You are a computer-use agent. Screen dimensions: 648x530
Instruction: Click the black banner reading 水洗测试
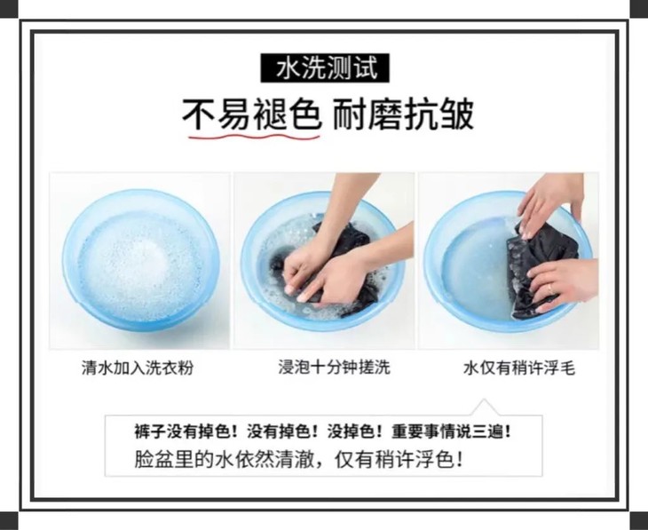325,67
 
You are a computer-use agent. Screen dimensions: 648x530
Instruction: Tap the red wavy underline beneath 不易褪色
254,135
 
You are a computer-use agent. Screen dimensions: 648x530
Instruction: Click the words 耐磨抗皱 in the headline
403,115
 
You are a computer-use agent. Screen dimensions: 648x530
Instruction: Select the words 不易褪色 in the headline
252,115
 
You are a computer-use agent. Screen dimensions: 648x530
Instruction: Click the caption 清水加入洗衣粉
138,368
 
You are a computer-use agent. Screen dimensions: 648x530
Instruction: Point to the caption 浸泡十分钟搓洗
334,367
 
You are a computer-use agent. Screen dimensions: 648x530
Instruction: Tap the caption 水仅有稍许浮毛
519,368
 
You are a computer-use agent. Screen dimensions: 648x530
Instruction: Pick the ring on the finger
551,289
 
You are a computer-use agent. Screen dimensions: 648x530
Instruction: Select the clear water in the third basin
475,269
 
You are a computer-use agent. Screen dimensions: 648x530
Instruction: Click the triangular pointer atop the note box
484,407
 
